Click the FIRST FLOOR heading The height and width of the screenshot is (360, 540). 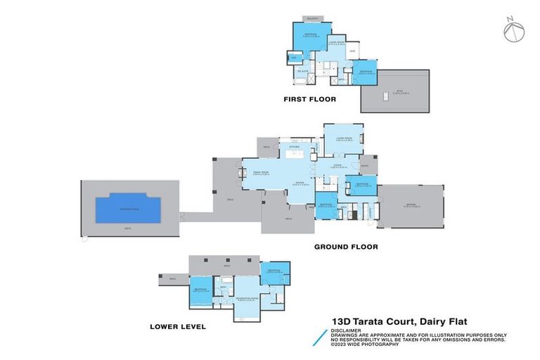pos(309,99)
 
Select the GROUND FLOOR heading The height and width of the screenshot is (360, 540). pos(345,247)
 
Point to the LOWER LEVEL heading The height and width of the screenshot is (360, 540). pos(177,326)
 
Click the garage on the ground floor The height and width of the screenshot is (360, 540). pos(411,206)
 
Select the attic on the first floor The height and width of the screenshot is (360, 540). pos(394,91)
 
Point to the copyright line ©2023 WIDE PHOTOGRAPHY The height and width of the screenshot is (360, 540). pos(366,344)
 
